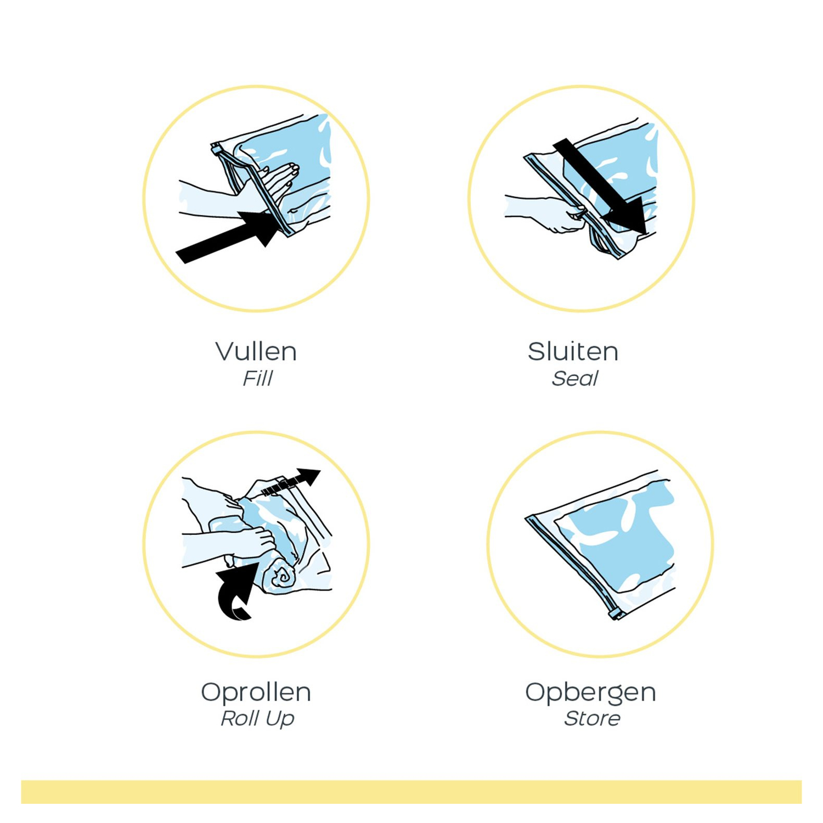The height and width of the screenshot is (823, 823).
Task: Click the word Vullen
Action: pyautogui.click(x=256, y=351)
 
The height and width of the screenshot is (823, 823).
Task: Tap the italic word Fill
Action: pyautogui.click(x=257, y=379)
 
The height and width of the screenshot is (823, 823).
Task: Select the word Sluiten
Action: pyautogui.click(x=573, y=351)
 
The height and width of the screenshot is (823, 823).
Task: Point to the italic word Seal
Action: pyautogui.click(x=574, y=379)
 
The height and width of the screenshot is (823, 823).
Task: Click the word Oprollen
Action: pyautogui.click(x=256, y=692)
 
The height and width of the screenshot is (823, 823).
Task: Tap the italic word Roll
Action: pyautogui.click(x=239, y=718)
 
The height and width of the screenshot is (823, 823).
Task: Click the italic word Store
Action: pyautogui.click(x=592, y=718)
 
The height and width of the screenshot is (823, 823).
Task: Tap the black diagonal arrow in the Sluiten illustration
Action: pyautogui.click(x=600, y=185)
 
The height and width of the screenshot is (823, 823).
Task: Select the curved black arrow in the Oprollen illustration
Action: pyautogui.click(x=236, y=591)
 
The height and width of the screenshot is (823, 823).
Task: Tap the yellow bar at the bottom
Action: pyautogui.click(x=411, y=792)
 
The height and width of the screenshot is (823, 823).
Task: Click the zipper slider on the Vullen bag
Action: pyautogui.click(x=216, y=149)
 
